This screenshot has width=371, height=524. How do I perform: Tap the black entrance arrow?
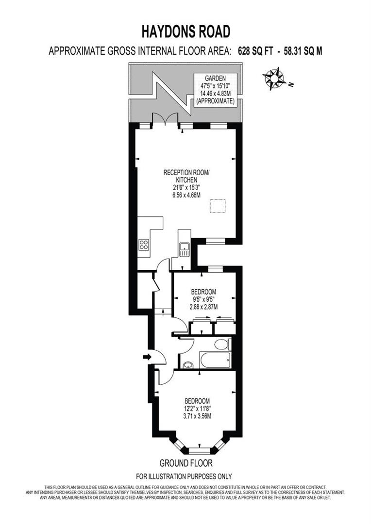pyautogui.click(x=147, y=357)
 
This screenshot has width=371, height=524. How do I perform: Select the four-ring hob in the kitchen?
pyautogui.click(x=143, y=245)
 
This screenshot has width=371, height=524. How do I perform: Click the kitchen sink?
pyautogui.click(x=184, y=249)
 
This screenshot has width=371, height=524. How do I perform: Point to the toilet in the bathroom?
pyautogui.click(x=221, y=344)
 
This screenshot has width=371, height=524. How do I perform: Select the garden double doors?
pyautogui.click(x=165, y=120)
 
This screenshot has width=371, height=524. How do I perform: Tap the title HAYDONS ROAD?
pyautogui.click(x=185, y=32)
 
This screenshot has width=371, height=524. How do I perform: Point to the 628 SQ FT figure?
pyautogui.click(x=255, y=51)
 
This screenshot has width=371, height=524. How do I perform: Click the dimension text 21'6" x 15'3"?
pyautogui.click(x=186, y=187)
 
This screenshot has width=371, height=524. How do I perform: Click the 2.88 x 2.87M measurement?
pyautogui.click(x=204, y=307)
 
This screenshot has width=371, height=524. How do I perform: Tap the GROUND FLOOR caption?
pyautogui.click(x=186, y=463)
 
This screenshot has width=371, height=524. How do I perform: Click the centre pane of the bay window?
pyautogui.click(x=198, y=451)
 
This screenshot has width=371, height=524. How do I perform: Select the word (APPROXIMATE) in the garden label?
pyautogui.click(x=215, y=101)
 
